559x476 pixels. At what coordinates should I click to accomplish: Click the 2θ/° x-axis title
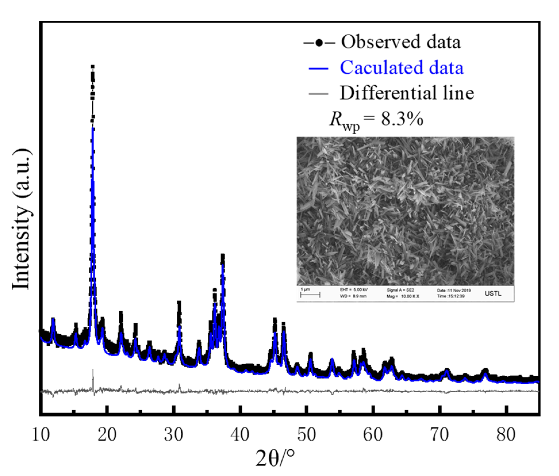(x=275, y=458)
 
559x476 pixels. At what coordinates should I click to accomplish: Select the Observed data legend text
(x=401, y=42)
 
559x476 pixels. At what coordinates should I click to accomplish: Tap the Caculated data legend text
(x=402, y=68)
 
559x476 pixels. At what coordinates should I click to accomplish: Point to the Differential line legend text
(x=407, y=93)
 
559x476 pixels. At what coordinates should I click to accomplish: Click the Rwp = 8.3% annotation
(x=376, y=119)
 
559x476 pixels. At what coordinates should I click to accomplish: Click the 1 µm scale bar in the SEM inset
(x=310, y=294)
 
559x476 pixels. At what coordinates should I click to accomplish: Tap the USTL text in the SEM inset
(x=493, y=293)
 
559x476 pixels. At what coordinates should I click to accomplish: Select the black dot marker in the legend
(x=319, y=43)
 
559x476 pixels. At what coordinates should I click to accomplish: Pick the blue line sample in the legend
(x=318, y=68)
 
